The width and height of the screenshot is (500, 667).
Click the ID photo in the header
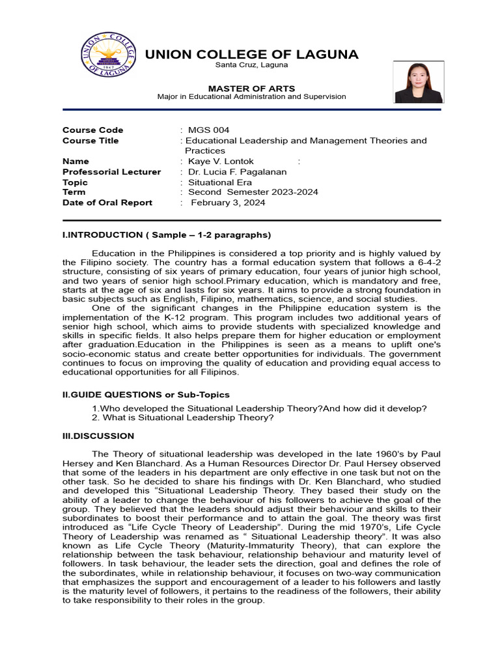tap(419, 82)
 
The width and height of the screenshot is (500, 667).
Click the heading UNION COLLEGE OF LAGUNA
tap(251, 54)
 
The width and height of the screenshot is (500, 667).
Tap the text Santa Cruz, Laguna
tap(251, 66)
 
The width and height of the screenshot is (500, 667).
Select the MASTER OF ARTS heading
tap(251, 88)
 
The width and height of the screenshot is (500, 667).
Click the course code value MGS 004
tap(208, 130)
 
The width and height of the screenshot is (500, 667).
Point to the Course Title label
tap(90, 141)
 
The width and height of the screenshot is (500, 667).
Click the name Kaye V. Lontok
tap(221, 162)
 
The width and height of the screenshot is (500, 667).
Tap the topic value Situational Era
tap(220, 182)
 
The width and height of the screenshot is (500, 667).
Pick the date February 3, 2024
tap(228, 203)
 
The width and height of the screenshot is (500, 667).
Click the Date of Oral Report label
tap(107, 203)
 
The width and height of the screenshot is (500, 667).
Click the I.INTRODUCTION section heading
tap(167, 234)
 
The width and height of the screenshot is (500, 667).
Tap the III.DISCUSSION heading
tap(98, 436)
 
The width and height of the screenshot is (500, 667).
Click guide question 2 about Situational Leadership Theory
tap(183, 418)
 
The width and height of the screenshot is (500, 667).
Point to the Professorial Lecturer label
tap(111, 172)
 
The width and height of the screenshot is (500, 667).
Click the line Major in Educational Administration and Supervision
tap(251, 97)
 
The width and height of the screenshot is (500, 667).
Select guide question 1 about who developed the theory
tap(259, 408)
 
